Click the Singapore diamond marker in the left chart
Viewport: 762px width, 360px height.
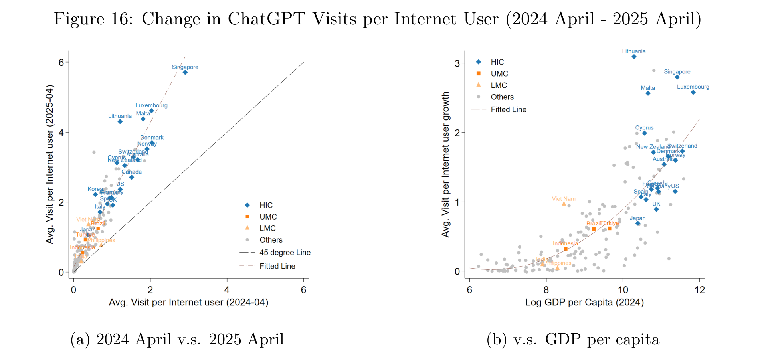click(185, 72)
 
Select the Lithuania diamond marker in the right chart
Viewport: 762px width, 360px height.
click(634, 57)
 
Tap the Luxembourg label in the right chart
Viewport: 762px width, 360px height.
click(693, 87)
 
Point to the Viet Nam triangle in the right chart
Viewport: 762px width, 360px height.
click(564, 204)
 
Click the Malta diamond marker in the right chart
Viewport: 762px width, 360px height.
click(648, 93)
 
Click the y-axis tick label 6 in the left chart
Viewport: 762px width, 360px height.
click(61, 62)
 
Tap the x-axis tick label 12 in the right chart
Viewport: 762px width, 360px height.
click(699, 290)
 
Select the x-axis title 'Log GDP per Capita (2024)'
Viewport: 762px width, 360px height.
click(584, 302)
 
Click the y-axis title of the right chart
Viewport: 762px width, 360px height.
click(445, 164)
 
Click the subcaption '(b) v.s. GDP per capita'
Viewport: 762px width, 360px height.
click(573, 339)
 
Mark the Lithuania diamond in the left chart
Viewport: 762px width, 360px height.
click(120, 121)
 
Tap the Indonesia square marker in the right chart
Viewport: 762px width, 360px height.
click(566, 249)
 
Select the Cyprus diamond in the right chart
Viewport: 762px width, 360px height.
click(644, 133)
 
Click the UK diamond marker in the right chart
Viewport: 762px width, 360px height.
click(656, 209)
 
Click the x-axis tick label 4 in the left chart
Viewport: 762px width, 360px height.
click(227, 290)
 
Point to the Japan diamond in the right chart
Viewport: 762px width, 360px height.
click(638, 223)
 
